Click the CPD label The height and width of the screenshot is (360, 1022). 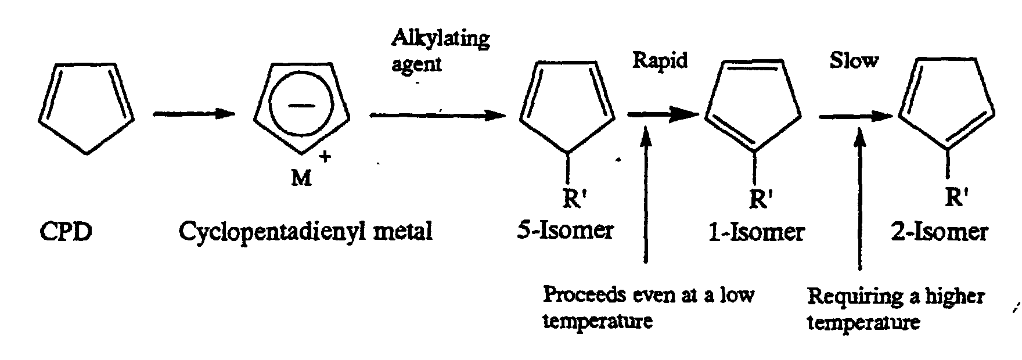[x=66, y=232]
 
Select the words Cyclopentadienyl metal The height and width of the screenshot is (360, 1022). [x=305, y=232]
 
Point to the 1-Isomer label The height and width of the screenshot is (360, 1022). [x=755, y=232]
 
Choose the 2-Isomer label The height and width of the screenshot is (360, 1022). [x=939, y=232]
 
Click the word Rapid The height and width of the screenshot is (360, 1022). [x=660, y=60]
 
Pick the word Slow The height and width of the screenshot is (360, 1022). [x=853, y=60]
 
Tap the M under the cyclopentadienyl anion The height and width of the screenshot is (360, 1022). [x=301, y=179]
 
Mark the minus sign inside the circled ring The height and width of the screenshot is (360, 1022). [x=301, y=105]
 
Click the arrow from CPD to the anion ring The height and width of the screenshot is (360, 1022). [x=193, y=114]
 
